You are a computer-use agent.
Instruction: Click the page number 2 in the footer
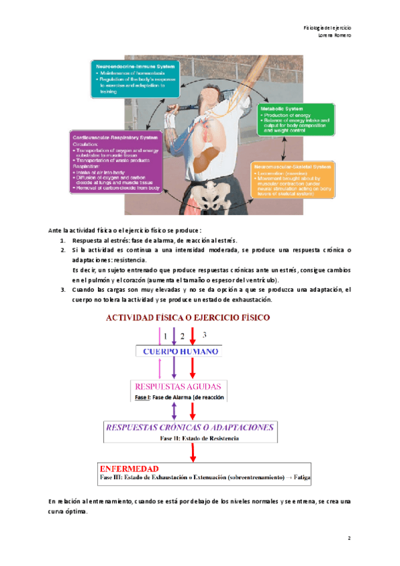point(349,537)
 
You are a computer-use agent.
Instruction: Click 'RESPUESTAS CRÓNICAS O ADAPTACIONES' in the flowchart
point(189,427)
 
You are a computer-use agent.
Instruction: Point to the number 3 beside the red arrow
point(205,334)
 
